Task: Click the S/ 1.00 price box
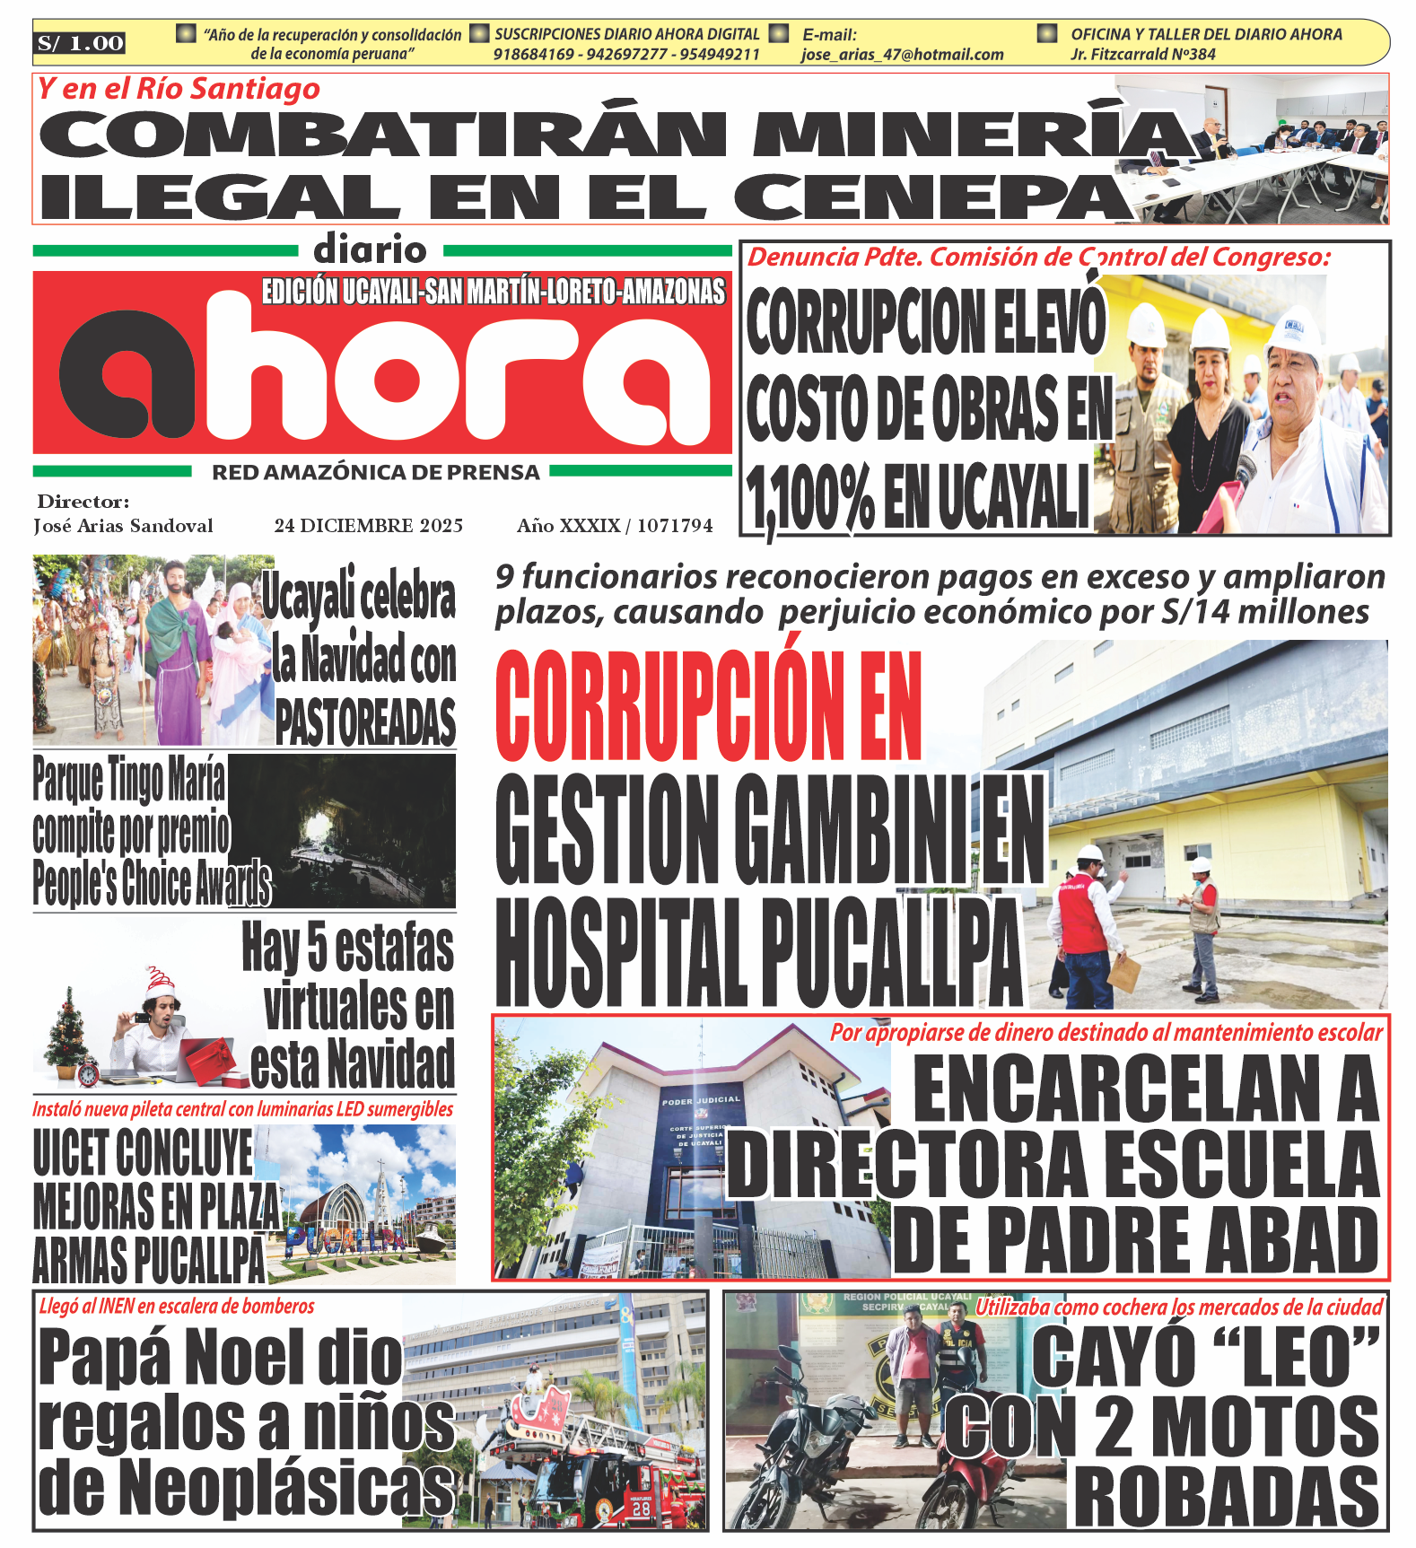[81, 43]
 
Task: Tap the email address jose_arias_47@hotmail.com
[902, 55]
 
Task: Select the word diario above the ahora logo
[370, 249]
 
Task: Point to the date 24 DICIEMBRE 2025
[369, 526]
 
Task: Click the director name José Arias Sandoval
[123, 526]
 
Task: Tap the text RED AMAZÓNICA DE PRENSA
[375, 473]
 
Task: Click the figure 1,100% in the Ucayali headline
[810, 499]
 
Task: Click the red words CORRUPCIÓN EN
[709, 707]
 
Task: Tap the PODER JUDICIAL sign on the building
[701, 1099]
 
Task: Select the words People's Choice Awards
[152, 883]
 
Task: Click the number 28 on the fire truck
[641, 1509]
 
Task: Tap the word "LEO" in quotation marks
[1204, 1356]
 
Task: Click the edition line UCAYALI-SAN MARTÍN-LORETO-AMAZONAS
[493, 293]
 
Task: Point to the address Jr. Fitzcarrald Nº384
[1142, 55]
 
